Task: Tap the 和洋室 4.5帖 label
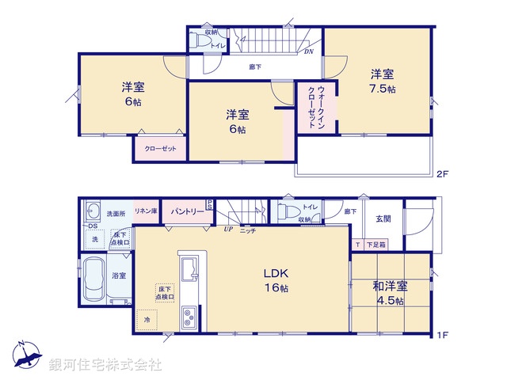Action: (x=390, y=293)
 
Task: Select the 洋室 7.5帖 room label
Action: (x=383, y=82)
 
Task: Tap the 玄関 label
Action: (x=383, y=218)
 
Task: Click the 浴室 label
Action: (x=120, y=275)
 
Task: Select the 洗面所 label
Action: (x=116, y=213)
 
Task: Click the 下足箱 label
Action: (x=376, y=245)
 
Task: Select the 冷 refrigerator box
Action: (x=146, y=319)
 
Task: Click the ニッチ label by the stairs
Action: (x=248, y=230)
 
